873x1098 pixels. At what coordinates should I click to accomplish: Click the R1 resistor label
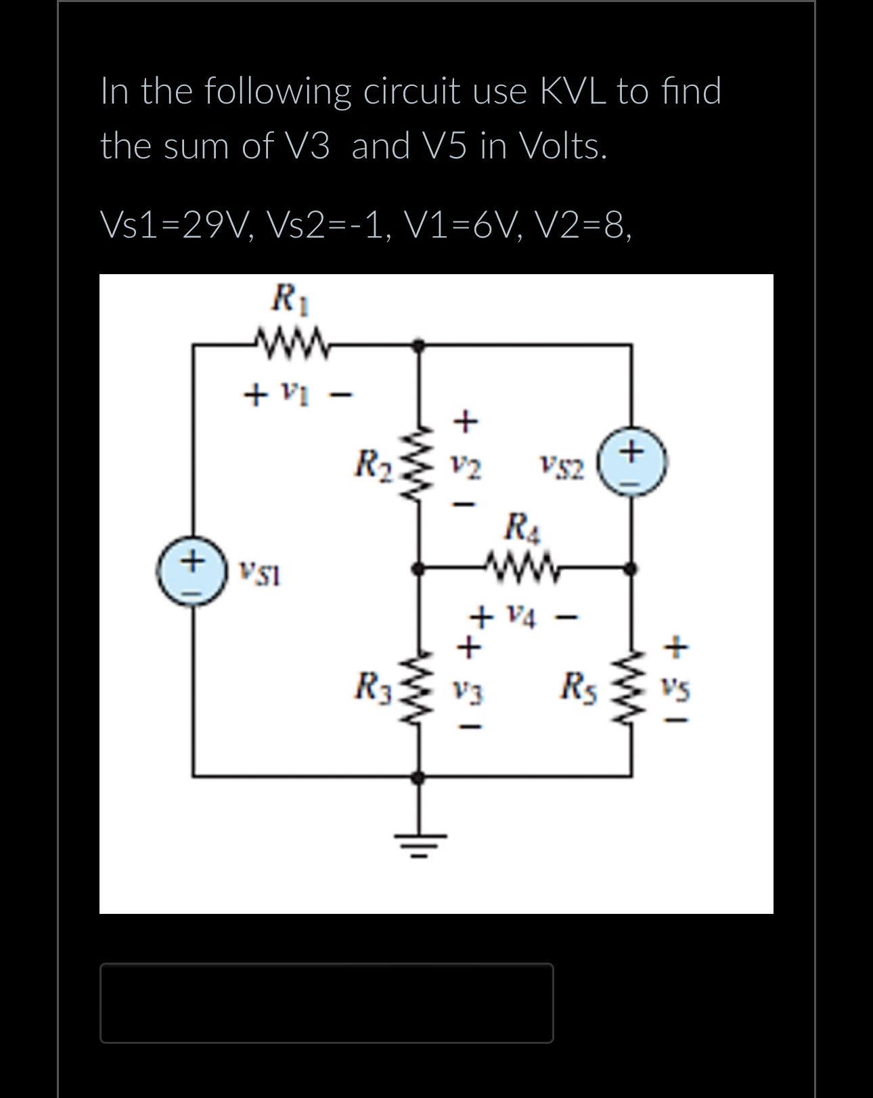tap(290, 299)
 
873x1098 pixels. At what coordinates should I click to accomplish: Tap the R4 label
tap(522, 526)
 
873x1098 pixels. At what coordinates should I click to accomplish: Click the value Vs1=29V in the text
tap(176, 225)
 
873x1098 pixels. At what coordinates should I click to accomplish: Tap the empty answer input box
tap(326, 1003)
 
